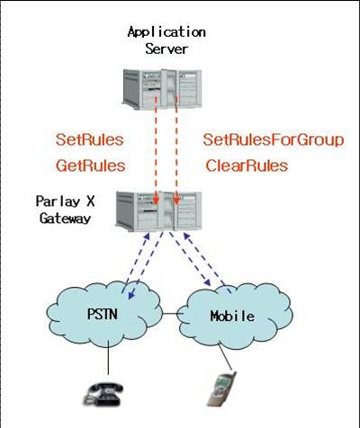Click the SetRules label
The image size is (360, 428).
pyautogui.click(x=90, y=140)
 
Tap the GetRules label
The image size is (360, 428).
pyautogui.click(x=91, y=165)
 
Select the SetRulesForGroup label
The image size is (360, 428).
pyautogui.click(x=274, y=140)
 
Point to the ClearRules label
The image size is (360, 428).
pyautogui.click(x=247, y=165)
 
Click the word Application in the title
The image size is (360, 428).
pyautogui.click(x=166, y=32)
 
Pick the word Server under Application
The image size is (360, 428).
pyautogui.click(x=166, y=49)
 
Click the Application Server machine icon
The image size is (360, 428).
pyautogui.click(x=162, y=88)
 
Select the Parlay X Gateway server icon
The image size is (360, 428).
pyautogui.click(x=158, y=211)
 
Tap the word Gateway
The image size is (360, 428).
pyautogui.click(x=65, y=218)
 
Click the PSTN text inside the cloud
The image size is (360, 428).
pyautogui.click(x=102, y=314)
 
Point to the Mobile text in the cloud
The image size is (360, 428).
pyautogui.click(x=232, y=317)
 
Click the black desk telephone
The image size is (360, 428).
pyautogui.click(x=103, y=394)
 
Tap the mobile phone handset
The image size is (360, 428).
pyautogui.click(x=221, y=389)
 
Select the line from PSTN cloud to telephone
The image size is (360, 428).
pyautogui.click(x=108, y=360)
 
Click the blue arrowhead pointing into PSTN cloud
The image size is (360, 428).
pyautogui.click(x=131, y=294)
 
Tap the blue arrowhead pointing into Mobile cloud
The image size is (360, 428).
pyautogui.click(x=207, y=282)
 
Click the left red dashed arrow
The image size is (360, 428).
pyautogui.click(x=156, y=150)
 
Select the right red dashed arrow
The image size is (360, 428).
pyautogui.click(x=176, y=150)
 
